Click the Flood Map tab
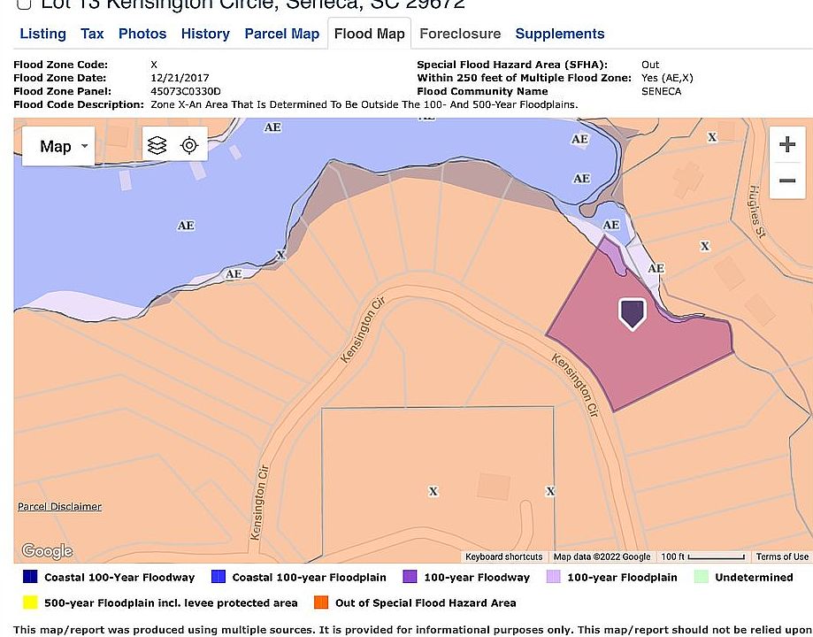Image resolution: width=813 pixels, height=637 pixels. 369,34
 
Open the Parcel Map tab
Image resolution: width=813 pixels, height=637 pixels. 281,34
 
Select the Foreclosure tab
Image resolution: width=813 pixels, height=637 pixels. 459,34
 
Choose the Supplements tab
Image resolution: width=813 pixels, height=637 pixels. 559,34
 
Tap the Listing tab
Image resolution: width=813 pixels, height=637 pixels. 42,34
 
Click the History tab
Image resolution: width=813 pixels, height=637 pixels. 205,34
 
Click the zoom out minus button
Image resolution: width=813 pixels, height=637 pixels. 786,181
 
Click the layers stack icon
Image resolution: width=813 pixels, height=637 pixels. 157,145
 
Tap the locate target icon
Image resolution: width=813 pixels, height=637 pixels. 189,145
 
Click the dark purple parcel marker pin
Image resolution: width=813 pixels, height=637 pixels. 632,313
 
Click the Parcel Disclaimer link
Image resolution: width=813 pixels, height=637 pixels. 59,507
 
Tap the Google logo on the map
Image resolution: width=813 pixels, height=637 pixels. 46,551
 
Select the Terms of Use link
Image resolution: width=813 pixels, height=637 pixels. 782,556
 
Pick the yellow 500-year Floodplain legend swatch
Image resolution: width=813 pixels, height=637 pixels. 29,603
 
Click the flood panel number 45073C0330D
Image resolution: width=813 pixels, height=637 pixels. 185,91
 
